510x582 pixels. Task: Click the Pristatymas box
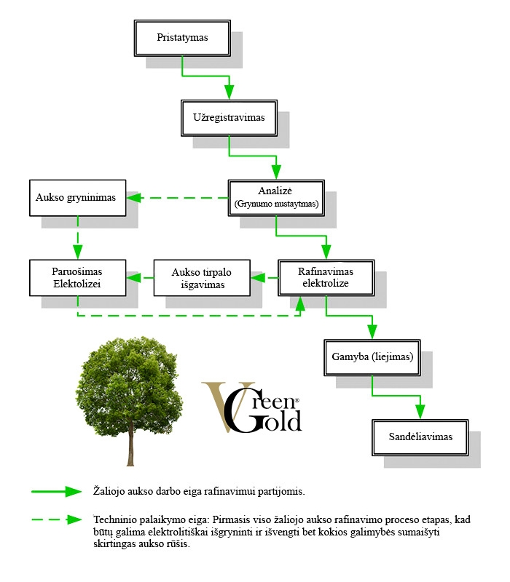[182, 37]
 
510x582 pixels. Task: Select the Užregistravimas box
[229, 117]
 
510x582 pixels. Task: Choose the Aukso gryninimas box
[78, 197]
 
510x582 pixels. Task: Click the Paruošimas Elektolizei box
[78, 278]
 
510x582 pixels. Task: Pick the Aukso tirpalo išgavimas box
[201, 278]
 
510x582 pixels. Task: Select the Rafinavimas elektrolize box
[326, 277]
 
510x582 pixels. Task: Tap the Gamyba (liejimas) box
[372, 357]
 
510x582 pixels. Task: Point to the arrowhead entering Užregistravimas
[229, 92]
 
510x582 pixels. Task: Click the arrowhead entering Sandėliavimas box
[420, 412]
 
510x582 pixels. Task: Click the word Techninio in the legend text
[114, 519]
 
